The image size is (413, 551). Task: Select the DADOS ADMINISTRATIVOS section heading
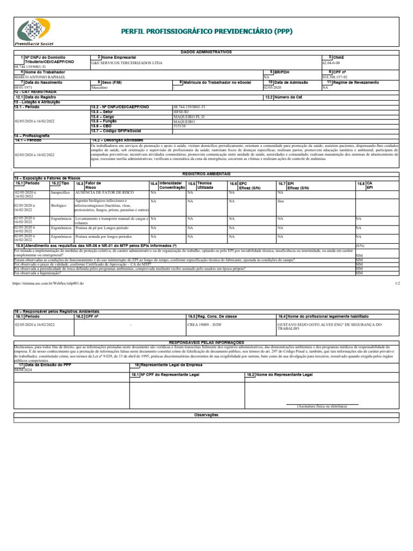tap(206, 52)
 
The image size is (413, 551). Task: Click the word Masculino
tap(100, 87)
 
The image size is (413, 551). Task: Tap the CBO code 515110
tap(180, 127)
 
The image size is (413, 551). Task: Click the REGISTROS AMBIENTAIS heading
tap(206, 174)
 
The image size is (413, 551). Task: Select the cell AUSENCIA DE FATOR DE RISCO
tap(104, 192)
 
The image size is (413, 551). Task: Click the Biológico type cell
tap(58, 205)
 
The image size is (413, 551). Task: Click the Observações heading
tap(206, 415)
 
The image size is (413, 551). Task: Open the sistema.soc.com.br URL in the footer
tap(48, 282)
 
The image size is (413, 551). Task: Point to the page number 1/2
tap(397, 282)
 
